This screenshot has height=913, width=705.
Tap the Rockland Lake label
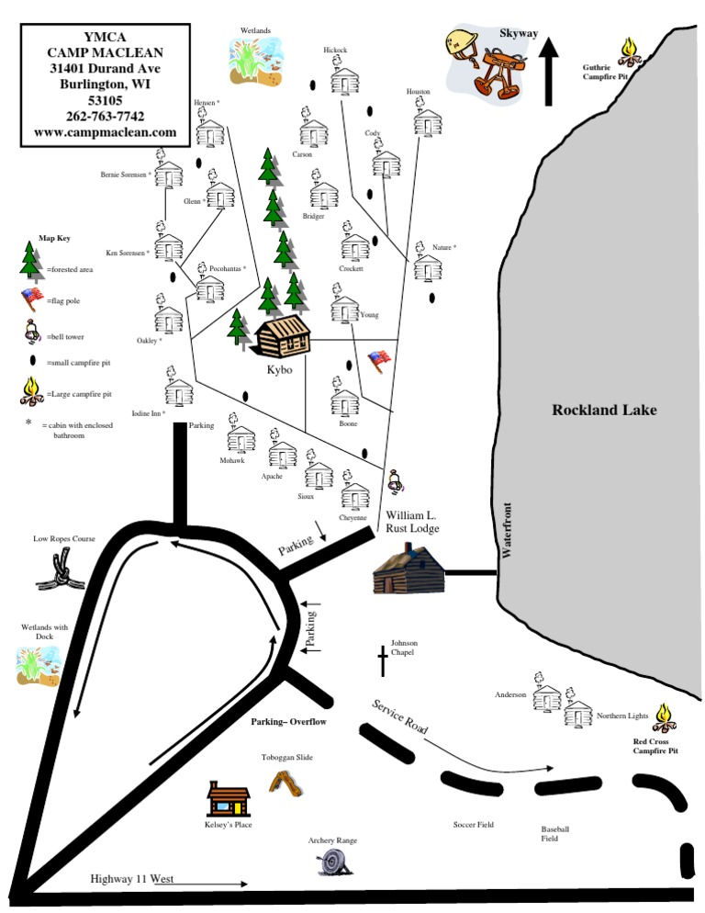coord(604,410)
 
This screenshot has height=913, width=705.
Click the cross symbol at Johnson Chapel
coord(383,659)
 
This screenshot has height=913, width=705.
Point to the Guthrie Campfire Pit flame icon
coord(629,48)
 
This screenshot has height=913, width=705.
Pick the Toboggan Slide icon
coord(286,782)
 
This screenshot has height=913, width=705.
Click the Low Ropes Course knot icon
coord(58,575)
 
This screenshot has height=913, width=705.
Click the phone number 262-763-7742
coord(105,117)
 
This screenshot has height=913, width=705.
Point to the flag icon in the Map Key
coord(32,298)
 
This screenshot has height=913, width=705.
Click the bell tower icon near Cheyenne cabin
coord(396,479)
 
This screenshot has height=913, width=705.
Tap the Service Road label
coord(400,716)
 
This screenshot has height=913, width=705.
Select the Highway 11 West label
coord(132,879)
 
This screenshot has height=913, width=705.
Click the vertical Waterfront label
coord(505,529)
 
